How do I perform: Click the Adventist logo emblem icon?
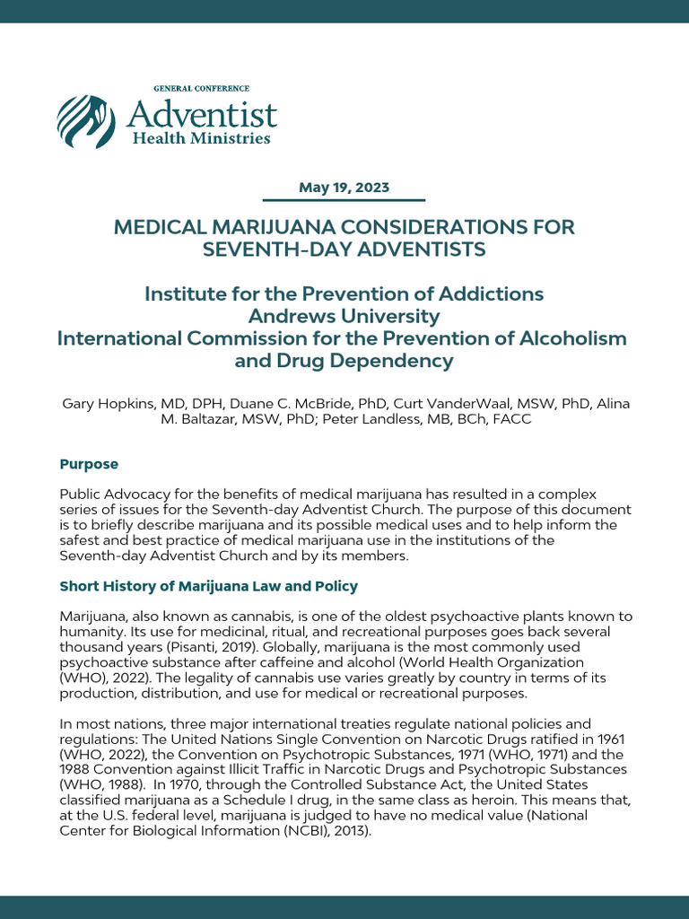(x=87, y=121)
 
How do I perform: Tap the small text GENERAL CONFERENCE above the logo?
(x=201, y=89)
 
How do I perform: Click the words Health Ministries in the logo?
(x=201, y=139)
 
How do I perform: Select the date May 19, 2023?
(x=344, y=188)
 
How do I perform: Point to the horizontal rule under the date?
(x=344, y=200)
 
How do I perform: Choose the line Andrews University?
(x=344, y=317)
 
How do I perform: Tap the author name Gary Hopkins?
(x=104, y=404)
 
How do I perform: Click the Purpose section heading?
(x=89, y=464)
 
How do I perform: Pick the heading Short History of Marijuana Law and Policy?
(x=208, y=586)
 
